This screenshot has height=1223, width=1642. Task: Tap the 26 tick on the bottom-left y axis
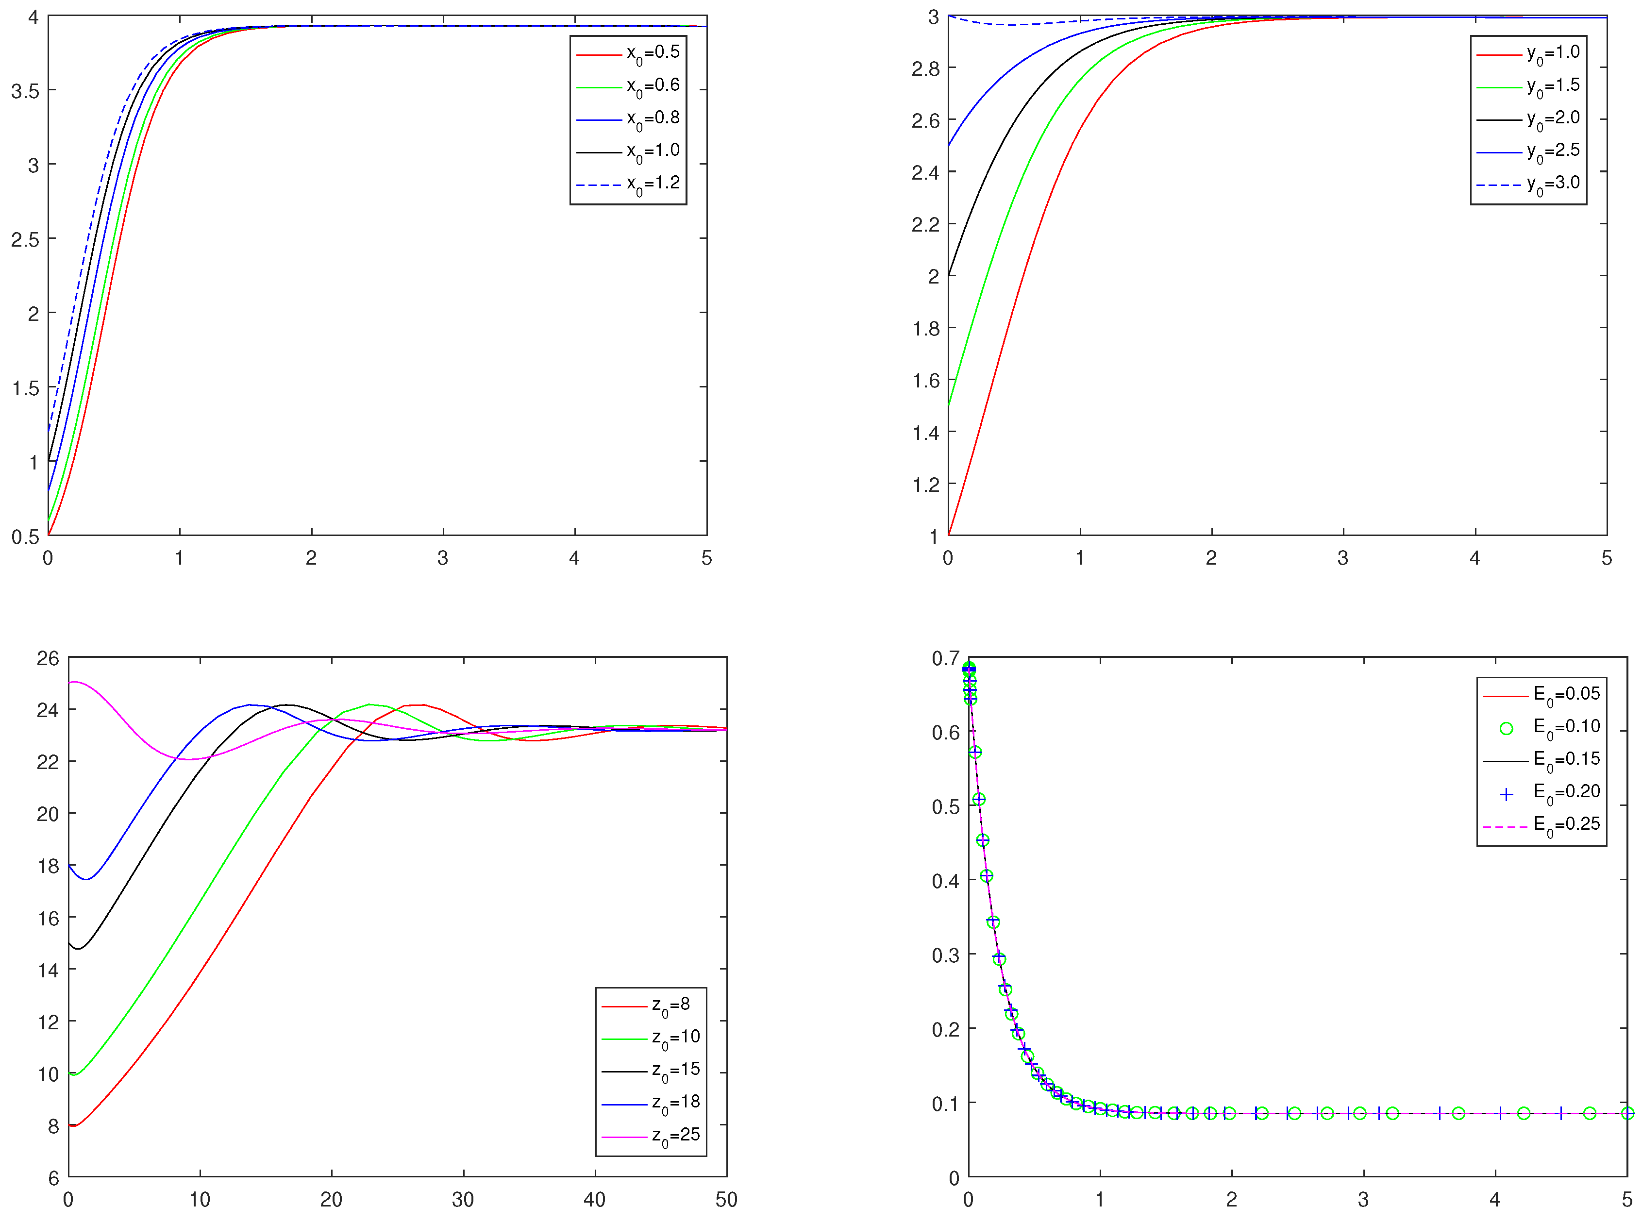click(48, 658)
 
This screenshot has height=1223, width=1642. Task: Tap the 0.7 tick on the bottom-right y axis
click(945, 658)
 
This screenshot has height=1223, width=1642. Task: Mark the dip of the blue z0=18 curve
click(86, 879)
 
